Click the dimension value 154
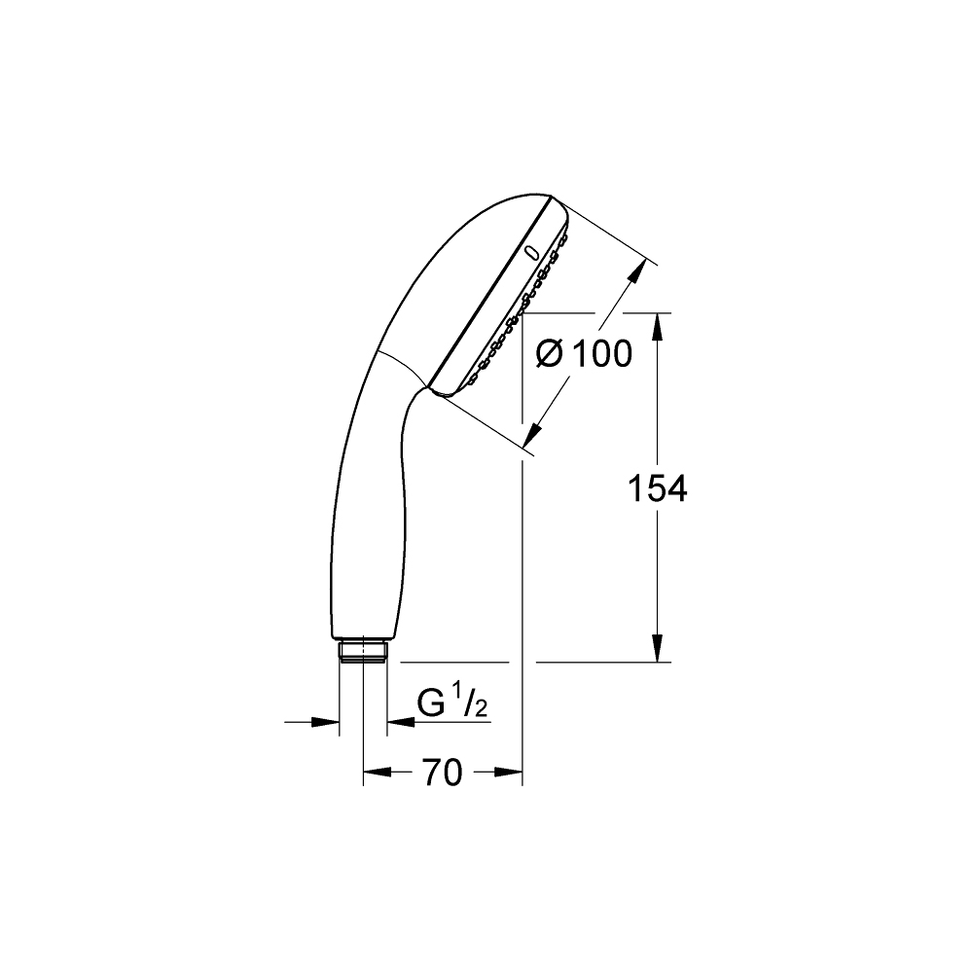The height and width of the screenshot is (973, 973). click(x=657, y=489)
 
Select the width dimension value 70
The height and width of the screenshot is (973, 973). click(x=442, y=774)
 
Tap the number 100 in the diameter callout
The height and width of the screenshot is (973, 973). click(x=600, y=355)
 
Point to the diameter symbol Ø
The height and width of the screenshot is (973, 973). click(x=550, y=355)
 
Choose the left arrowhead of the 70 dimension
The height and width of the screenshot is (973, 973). click(x=376, y=774)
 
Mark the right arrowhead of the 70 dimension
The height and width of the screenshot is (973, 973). click(x=510, y=774)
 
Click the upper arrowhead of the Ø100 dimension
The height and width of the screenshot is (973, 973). click(x=635, y=272)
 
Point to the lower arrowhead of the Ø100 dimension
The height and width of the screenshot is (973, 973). click(x=534, y=433)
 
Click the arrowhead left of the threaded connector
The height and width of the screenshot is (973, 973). click(x=327, y=722)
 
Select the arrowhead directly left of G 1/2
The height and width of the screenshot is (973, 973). click(x=399, y=722)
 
